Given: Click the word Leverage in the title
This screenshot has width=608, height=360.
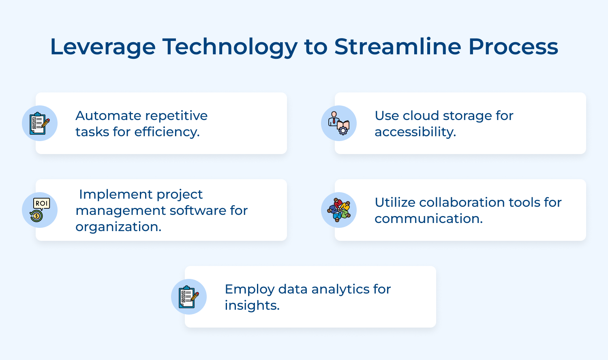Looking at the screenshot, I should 103,47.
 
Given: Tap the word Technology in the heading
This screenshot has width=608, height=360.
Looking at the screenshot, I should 230,47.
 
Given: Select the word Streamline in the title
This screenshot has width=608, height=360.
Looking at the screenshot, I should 398,47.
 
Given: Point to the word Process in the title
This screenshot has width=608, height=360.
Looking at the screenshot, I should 513,47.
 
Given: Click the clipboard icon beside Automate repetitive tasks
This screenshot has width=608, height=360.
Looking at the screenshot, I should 40,123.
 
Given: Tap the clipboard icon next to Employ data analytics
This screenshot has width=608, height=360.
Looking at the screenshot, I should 189,297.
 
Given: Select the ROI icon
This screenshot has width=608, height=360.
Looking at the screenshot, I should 40,210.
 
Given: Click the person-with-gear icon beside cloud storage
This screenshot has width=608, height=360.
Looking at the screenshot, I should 339,123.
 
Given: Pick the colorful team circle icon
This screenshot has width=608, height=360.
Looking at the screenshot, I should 339,210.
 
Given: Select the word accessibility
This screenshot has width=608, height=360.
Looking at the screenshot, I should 415,132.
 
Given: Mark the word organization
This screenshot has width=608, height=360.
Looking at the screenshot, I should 118,227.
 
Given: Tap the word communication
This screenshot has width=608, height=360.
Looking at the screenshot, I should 428,219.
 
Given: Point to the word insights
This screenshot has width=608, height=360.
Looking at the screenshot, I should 252,306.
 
